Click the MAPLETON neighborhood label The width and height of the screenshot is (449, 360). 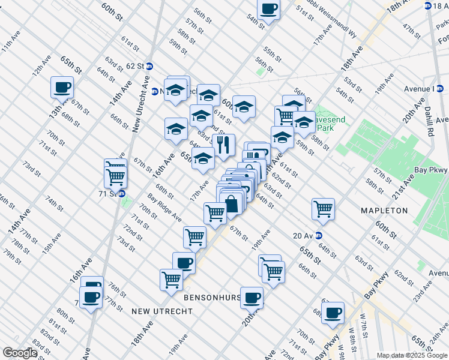(x=384, y=211)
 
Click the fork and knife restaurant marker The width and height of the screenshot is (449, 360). (x=223, y=145)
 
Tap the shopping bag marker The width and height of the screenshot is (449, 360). (x=232, y=202)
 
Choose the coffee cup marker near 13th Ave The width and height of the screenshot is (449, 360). (x=62, y=88)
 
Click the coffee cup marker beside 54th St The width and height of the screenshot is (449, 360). (x=268, y=9)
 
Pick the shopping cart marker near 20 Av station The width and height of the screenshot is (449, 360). (x=323, y=209)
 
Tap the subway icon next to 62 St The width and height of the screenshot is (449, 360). (x=149, y=66)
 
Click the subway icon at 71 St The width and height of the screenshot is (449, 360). (x=121, y=194)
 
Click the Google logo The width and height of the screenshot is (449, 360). (x=20, y=353)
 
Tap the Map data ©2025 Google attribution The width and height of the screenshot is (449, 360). (x=411, y=355)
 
